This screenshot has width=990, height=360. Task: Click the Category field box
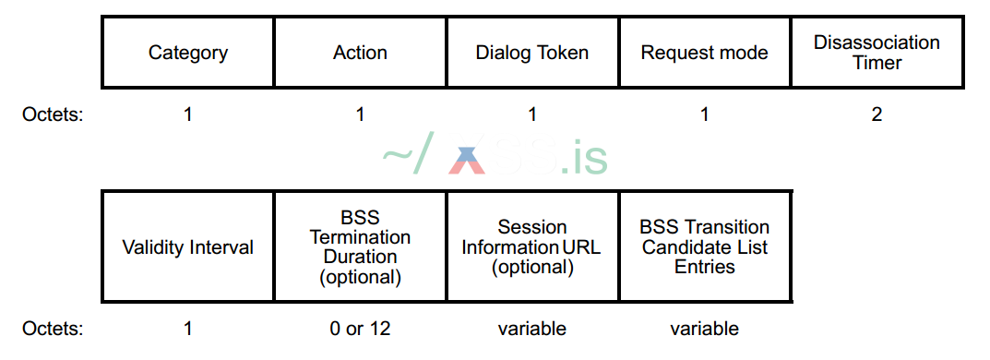[x=187, y=53]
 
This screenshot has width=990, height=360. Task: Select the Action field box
[x=360, y=53]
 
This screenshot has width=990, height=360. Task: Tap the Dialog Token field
[x=532, y=53]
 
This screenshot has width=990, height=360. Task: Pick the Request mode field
[x=705, y=53]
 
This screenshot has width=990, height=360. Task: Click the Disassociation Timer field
[x=877, y=53]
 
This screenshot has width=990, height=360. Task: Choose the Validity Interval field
[x=187, y=247]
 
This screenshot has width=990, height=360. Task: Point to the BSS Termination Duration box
[x=360, y=247]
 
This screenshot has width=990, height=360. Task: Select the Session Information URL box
[x=532, y=247]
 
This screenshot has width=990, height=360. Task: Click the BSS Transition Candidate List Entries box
[x=705, y=247]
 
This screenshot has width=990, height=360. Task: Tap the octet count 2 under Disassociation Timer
[x=877, y=115]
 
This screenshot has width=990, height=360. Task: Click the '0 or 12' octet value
[x=360, y=329]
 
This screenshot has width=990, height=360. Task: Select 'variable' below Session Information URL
[x=532, y=329]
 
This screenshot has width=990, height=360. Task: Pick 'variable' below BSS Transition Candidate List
[x=705, y=329]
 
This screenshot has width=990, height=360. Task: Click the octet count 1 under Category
[x=188, y=115]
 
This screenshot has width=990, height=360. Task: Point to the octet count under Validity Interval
[x=188, y=329]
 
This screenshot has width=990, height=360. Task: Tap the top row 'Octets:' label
[x=53, y=115]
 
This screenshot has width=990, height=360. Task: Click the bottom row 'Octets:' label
[x=53, y=329]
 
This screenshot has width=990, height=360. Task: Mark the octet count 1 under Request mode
[x=705, y=115]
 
